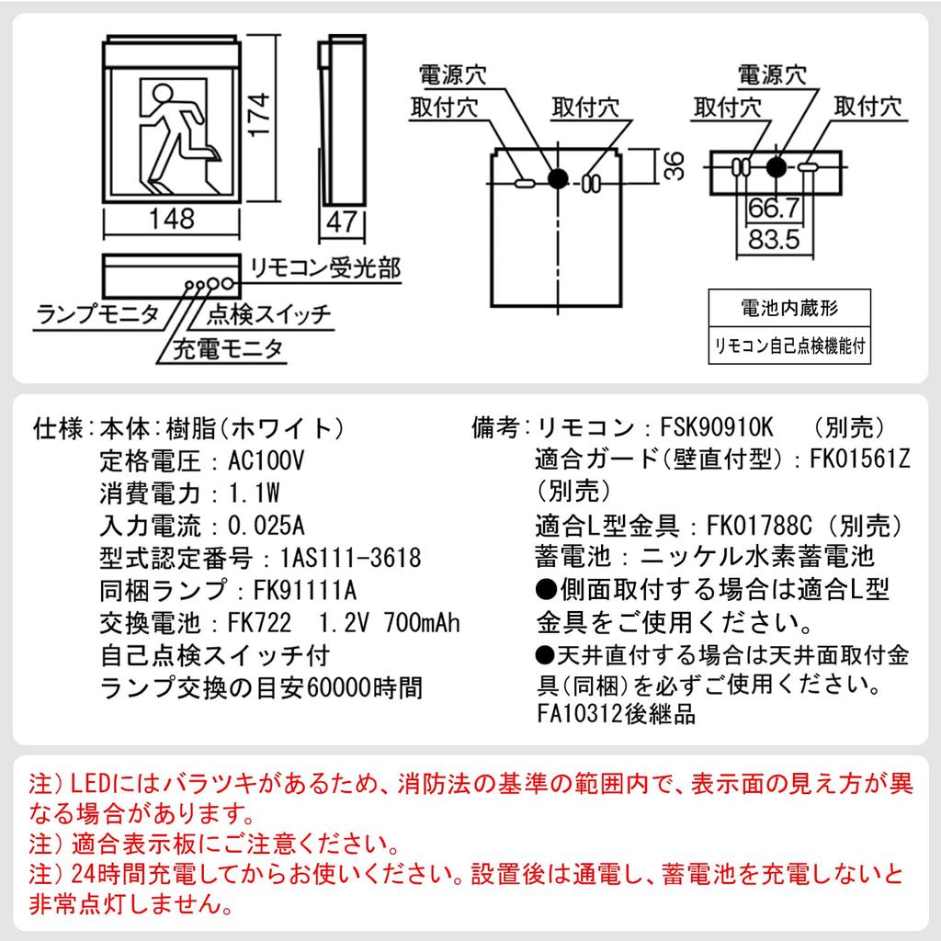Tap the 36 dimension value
[675, 166]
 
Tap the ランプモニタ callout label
[96, 315]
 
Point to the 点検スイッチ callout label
[268, 315]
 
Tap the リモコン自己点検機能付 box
[788, 347]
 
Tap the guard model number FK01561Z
[859, 459]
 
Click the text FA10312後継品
[616, 713]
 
